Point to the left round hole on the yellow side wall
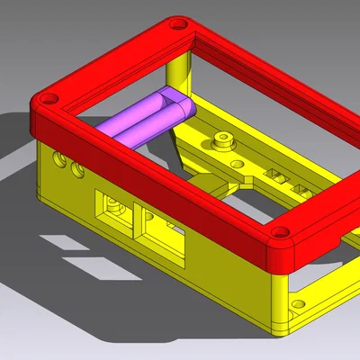pos(61,159)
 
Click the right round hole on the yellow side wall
pos(78,169)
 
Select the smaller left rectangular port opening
pos(113,210)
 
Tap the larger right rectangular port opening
pos(160,233)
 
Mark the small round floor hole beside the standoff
pos(236,164)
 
